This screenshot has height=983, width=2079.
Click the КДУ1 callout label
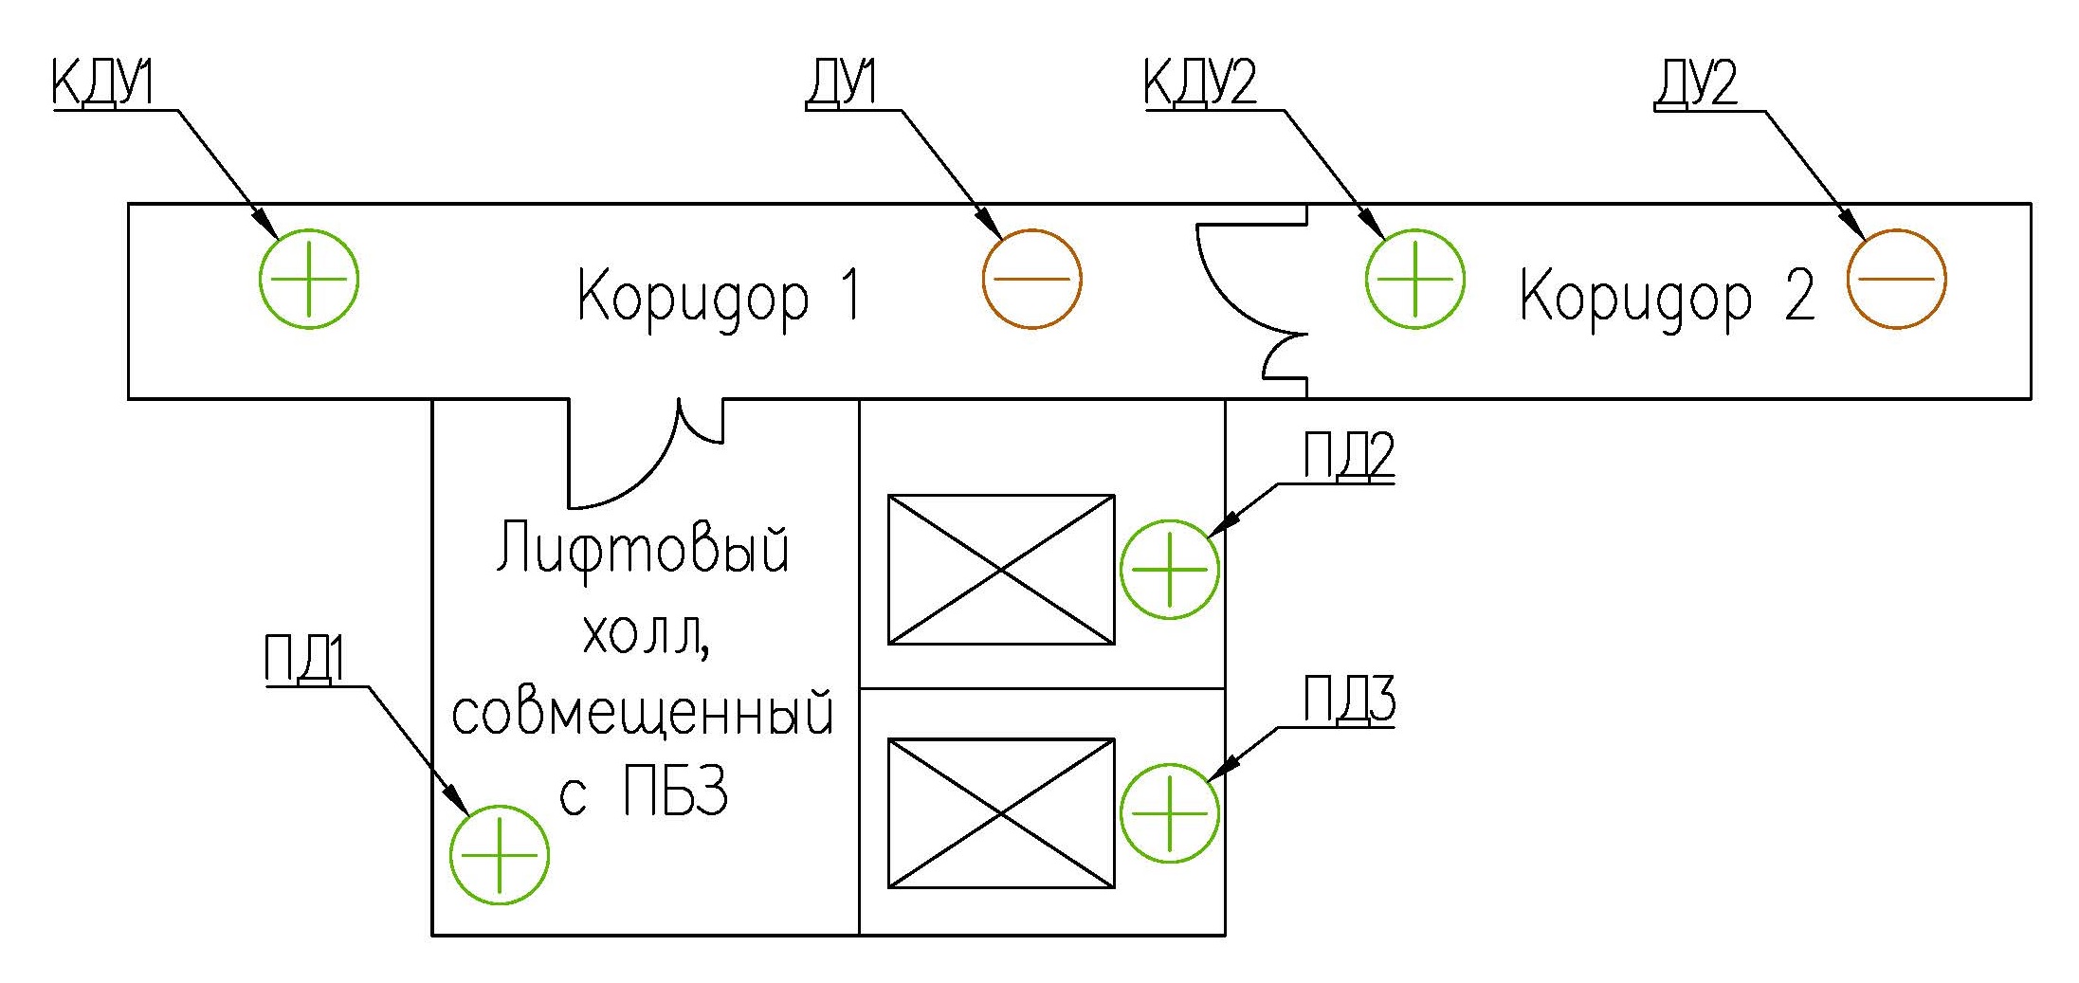pos(102,83)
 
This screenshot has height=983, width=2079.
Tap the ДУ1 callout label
pos(841,83)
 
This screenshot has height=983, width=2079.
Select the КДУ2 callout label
pos(1200,83)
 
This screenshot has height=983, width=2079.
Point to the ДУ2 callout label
pos(1696,83)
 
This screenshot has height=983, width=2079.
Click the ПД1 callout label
pos(304,659)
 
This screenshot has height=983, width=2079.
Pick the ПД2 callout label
pos(1348,456)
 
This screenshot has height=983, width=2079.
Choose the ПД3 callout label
pos(1348,701)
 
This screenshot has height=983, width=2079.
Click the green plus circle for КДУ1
pos(309,280)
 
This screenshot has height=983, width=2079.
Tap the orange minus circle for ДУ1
pos(1031,280)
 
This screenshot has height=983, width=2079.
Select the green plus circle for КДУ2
pos(1414,280)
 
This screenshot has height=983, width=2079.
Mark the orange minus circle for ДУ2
pos(1896,280)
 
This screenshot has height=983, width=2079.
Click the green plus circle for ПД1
pos(499,854)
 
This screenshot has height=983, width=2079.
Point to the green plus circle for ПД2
pos(1169,569)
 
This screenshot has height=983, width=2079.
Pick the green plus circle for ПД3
pos(1169,812)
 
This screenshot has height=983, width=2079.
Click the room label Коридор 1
pos(719,297)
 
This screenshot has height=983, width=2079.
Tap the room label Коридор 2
pos(1666,297)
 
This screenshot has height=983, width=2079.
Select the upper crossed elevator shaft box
pos(1001,570)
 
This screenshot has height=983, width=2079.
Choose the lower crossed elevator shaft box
pos(1001,813)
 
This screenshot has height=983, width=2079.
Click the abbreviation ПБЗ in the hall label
pos(675,792)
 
